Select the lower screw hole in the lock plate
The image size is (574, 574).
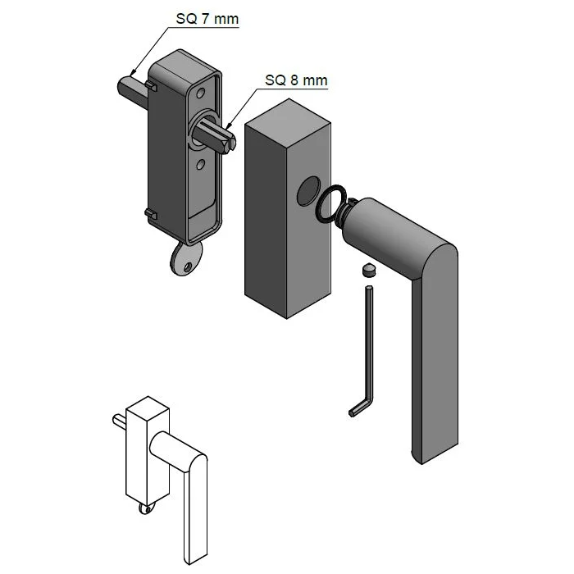(x=200, y=166)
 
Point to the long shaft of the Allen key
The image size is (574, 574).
(x=370, y=344)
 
